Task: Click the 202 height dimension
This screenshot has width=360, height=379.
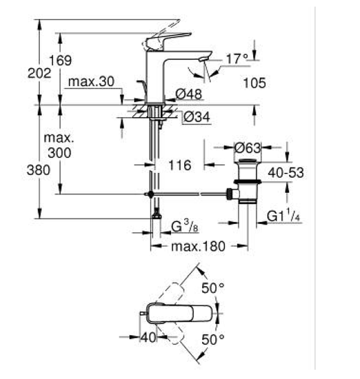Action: (39, 73)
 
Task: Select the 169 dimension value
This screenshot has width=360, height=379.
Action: (60, 60)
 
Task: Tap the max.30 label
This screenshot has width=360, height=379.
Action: (91, 81)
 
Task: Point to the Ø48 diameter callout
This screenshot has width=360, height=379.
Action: (188, 94)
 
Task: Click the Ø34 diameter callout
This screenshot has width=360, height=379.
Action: (197, 117)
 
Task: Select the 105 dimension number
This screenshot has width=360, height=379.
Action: (254, 83)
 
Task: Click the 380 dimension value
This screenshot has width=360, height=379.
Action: (38, 170)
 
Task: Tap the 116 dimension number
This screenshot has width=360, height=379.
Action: (179, 165)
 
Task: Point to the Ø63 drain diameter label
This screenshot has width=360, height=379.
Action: (248, 148)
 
